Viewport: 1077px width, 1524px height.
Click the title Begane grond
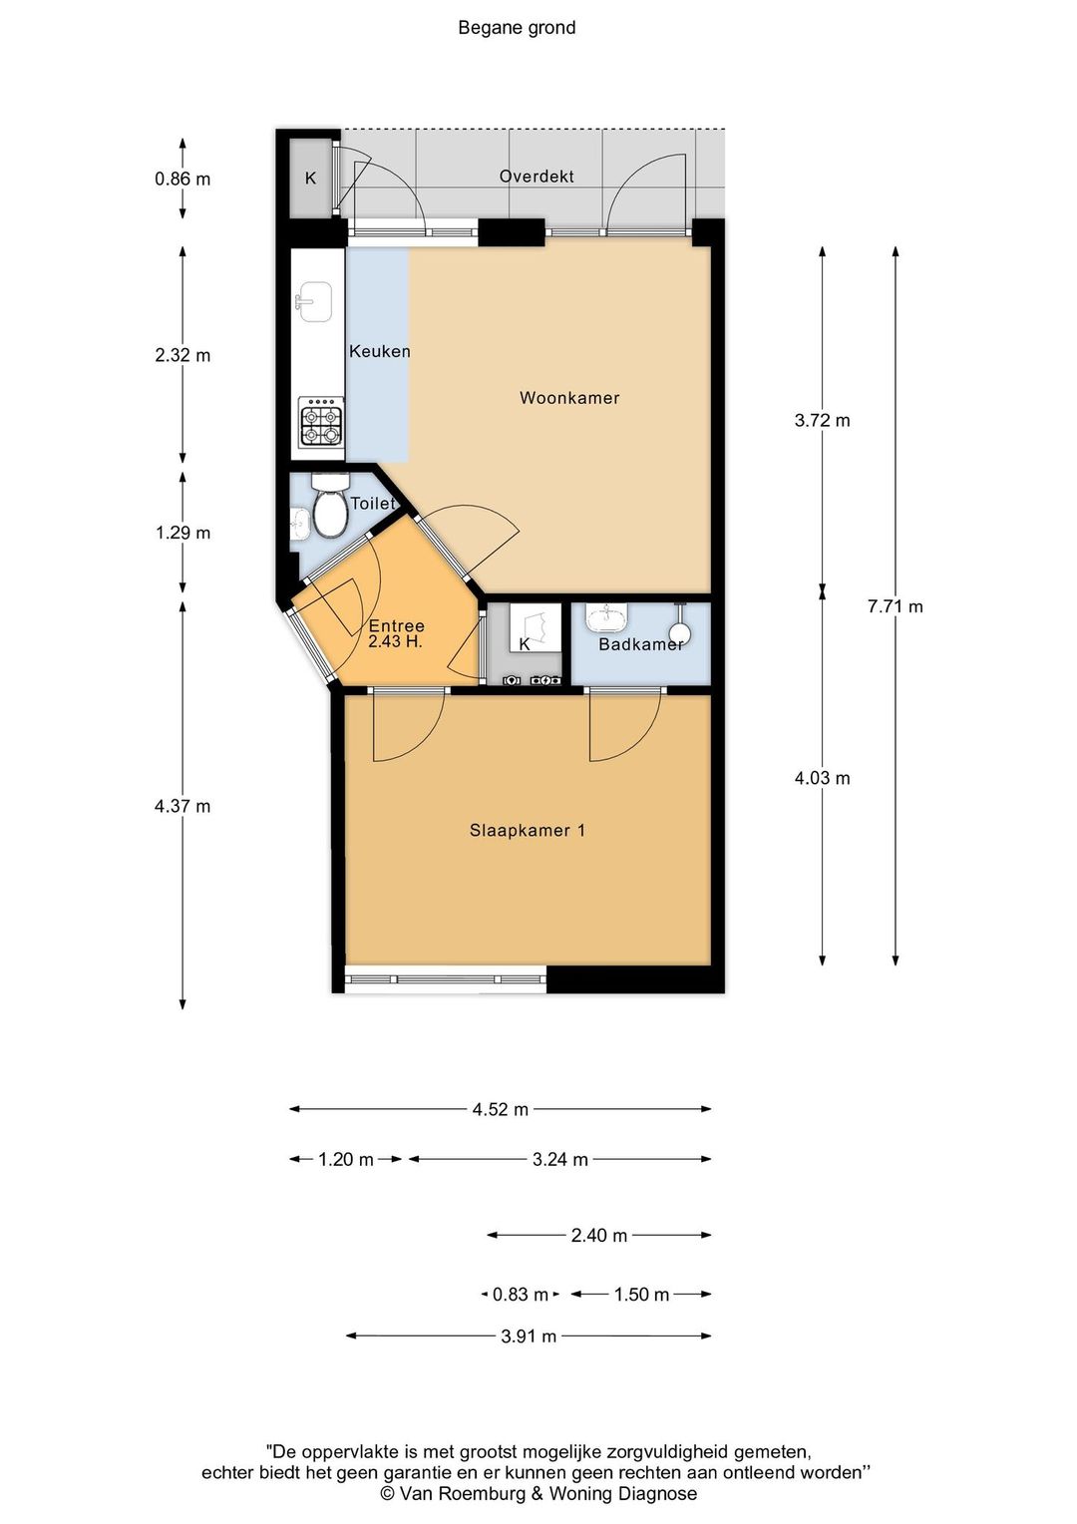(517, 28)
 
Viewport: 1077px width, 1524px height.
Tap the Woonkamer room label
(569, 398)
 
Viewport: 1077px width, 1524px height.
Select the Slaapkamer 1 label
(528, 831)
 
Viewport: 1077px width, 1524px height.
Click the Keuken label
(380, 352)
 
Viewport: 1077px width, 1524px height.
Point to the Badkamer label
(641, 644)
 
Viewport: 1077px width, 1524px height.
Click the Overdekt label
(537, 177)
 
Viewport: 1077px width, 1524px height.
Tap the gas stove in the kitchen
(320, 421)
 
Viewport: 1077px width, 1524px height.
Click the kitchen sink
(314, 302)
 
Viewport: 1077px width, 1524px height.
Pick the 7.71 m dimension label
(896, 606)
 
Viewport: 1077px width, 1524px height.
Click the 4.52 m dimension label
(500, 1110)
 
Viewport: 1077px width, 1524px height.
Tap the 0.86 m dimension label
(182, 180)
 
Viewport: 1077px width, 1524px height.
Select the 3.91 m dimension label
(529, 1336)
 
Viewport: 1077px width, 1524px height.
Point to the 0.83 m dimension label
(521, 1294)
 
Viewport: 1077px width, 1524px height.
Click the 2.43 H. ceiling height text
(396, 641)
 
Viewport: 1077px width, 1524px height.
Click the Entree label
(397, 626)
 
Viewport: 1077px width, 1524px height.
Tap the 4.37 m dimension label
(182, 807)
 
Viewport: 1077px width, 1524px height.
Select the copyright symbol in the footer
(387, 1493)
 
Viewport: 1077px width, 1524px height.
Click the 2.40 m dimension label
(598, 1236)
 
